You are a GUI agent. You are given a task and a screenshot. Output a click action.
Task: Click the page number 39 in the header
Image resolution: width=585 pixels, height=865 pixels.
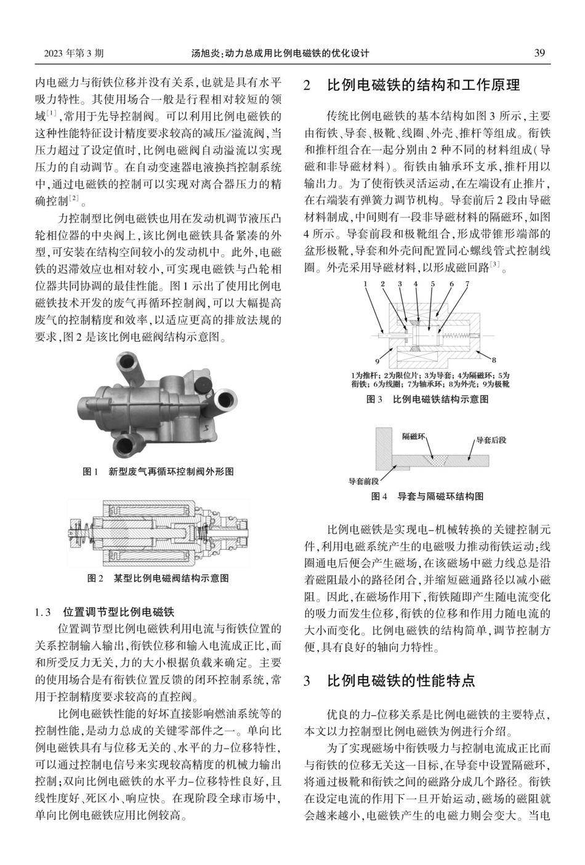coord(539,53)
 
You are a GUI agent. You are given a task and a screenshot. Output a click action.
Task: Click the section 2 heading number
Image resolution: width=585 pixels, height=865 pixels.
coord(308,86)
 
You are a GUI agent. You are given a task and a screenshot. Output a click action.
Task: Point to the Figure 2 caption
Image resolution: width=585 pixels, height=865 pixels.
coord(158,578)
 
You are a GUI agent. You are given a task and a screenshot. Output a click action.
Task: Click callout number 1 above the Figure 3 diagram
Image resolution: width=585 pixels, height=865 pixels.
coord(365,284)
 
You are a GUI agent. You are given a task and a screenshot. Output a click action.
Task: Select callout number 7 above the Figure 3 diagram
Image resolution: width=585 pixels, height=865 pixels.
coord(467,284)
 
